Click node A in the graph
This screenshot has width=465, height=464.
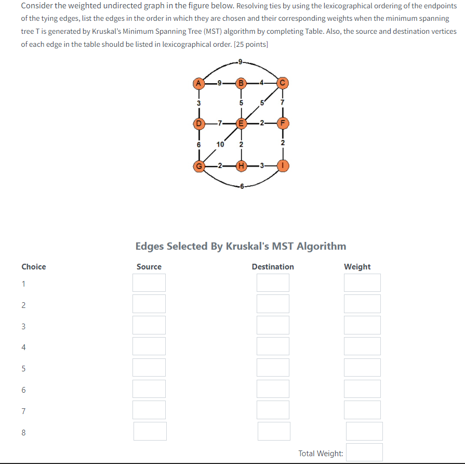click(198, 82)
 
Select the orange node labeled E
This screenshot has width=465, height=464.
click(241, 124)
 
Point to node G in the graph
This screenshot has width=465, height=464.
click(198, 166)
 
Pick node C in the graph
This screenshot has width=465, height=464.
click(283, 82)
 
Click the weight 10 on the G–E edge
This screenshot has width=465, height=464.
click(220, 144)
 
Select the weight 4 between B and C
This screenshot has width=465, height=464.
click(262, 82)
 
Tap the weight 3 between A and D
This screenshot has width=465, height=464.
click(198, 103)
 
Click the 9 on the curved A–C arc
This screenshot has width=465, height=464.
click(240, 63)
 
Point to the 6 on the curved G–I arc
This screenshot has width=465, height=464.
click(242, 186)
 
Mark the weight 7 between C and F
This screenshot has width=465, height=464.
click(283, 103)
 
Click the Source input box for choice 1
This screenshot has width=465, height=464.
click(149, 282)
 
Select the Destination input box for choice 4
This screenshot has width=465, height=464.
click(273, 346)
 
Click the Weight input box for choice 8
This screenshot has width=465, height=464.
click(364, 431)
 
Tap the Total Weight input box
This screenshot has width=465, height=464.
click(364, 453)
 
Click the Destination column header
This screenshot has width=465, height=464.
click(273, 267)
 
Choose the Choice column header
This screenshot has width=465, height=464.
click(34, 267)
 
